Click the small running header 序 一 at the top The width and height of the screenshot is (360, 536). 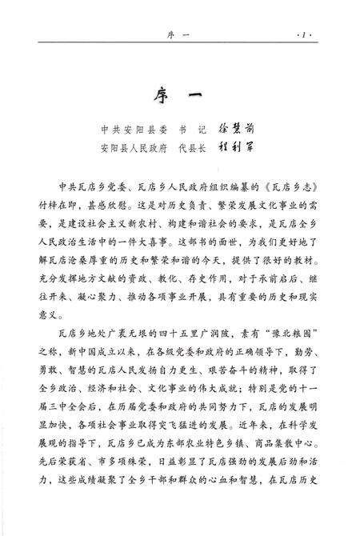click(x=180, y=36)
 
